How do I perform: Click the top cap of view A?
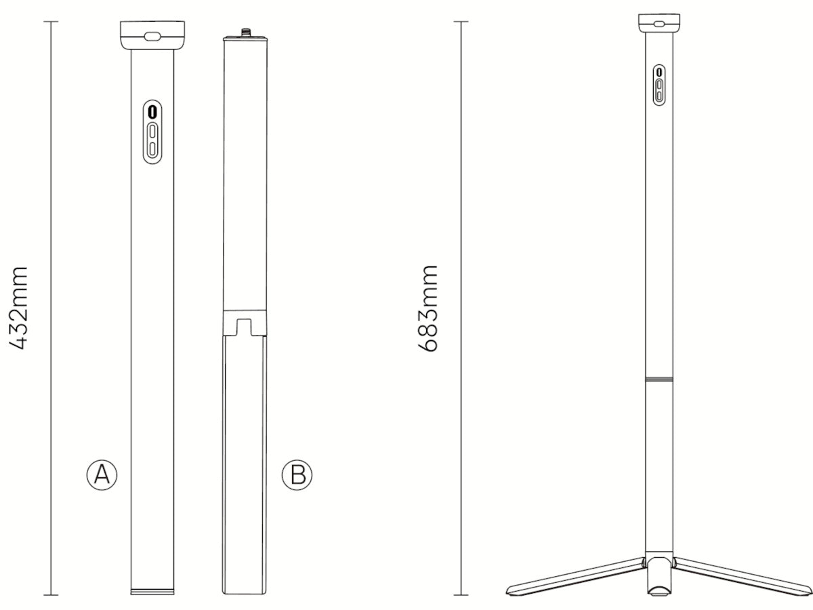(x=152, y=35)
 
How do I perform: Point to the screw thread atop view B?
(x=244, y=33)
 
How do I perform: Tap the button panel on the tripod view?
(x=659, y=85)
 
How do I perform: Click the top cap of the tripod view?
(x=659, y=22)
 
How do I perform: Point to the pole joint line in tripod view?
(x=659, y=379)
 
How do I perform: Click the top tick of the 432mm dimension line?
(x=51, y=22)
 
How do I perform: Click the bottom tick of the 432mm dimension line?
(x=51, y=595)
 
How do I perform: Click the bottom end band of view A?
(x=152, y=592)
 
